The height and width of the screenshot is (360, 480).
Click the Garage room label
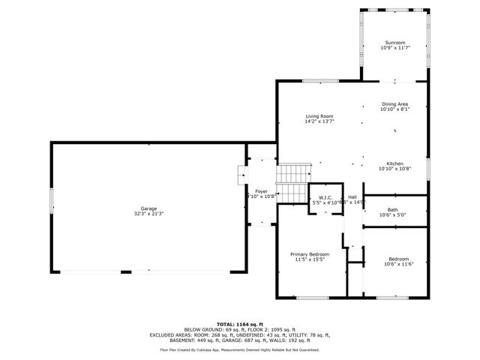(x=148, y=208)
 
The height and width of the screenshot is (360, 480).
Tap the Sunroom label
(x=394, y=42)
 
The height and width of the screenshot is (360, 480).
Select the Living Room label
(x=319, y=115)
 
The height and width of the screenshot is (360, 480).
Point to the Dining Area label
(x=394, y=103)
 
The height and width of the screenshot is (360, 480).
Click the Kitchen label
(x=394, y=163)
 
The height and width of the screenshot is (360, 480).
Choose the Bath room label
(x=393, y=209)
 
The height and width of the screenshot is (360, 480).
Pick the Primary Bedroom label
(x=310, y=254)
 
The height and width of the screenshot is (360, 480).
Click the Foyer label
(x=261, y=191)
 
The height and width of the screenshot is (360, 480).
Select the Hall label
(x=352, y=196)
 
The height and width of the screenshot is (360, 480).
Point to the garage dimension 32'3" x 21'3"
(x=148, y=214)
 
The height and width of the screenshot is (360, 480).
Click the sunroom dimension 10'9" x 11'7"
(x=394, y=48)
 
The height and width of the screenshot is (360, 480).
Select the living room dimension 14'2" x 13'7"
(x=319, y=121)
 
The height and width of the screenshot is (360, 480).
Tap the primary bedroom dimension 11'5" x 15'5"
(x=310, y=260)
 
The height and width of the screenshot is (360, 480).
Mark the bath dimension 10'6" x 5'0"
(x=393, y=215)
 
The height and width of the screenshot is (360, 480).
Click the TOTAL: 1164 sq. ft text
(x=239, y=323)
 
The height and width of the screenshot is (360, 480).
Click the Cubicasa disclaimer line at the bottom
(x=239, y=349)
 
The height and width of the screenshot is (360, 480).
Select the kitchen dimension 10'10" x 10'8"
(x=394, y=169)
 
